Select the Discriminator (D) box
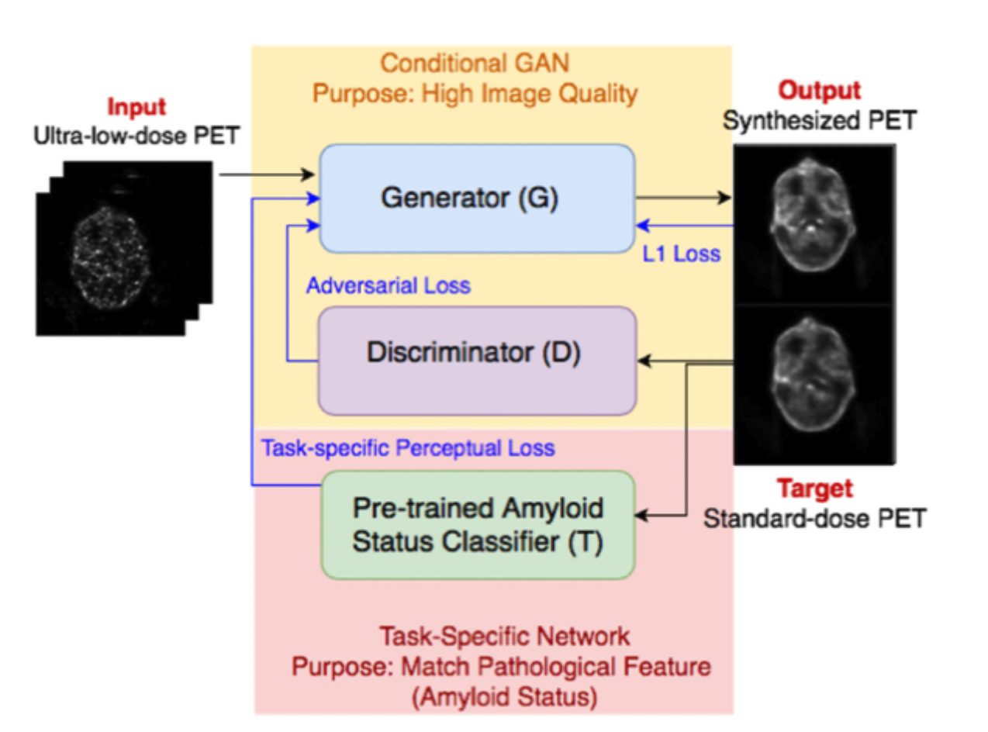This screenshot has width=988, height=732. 477,360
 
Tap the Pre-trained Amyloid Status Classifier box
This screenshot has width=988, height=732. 477,524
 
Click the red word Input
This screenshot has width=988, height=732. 136,106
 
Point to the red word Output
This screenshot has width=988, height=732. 819,91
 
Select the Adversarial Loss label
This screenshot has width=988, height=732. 388,285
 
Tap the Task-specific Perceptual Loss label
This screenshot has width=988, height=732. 408,448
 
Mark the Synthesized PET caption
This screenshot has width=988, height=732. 819,120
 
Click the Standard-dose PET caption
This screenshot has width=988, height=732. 814,518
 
